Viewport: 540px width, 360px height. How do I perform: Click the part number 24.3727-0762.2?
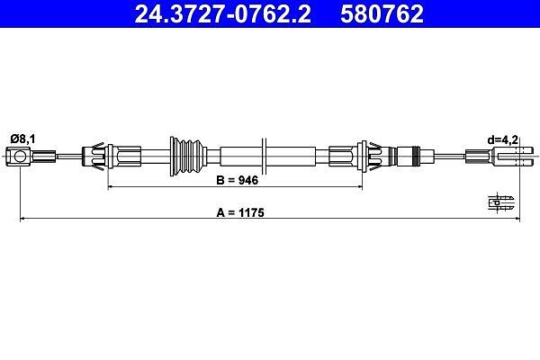[x=222, y=13]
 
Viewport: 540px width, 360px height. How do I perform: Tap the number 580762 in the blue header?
[x=382, y=13]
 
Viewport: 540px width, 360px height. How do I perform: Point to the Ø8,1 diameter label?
[x=22, y=139]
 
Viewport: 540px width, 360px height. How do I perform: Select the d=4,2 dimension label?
[x=502, y=139]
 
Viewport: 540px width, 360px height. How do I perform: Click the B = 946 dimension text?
[x=237, y=180]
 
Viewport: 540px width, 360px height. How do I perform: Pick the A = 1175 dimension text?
[x=240, y=212]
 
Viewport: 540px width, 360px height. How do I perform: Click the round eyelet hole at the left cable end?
[x=20, y=156]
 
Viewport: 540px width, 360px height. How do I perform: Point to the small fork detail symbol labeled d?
[x=501, y=202]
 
